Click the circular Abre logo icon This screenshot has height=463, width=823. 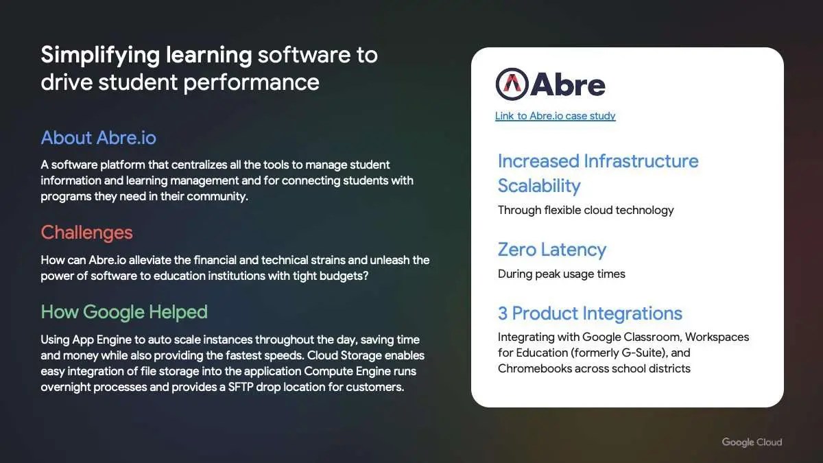pyautogui.click(x=512, y=84)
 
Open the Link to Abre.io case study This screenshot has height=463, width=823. pyautogui.click(x=555, y=116)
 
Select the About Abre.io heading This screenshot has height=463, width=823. pyautogui.click(x=99, y=138)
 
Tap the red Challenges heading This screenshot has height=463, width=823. pyautogui.click(x=86, y=233)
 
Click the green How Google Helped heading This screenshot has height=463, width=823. pyautogui.click(x=124, y=312)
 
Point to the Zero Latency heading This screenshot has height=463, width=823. pyautogui.click(x=552, y=250)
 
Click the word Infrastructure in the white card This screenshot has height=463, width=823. pyautogui.click(x=641, y=161)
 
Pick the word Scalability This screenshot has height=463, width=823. pyautogui.click(x=539, y=187)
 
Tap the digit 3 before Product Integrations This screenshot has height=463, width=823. pyautogui.click(x=503, y=313)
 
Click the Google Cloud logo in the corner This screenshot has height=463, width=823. pyautogui.click(x=752, y=442)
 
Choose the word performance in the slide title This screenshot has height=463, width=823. pyautogui.click(x=251, y=82)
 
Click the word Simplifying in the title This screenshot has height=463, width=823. pyautogui.click(x=100, y=56)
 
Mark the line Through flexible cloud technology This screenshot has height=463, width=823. pyautogui.click(x=586, y=211)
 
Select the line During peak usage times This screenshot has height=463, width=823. pyautogui.click(x=562, y=274)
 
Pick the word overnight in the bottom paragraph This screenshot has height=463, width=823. pyautogui.click(x=65, y=388)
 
